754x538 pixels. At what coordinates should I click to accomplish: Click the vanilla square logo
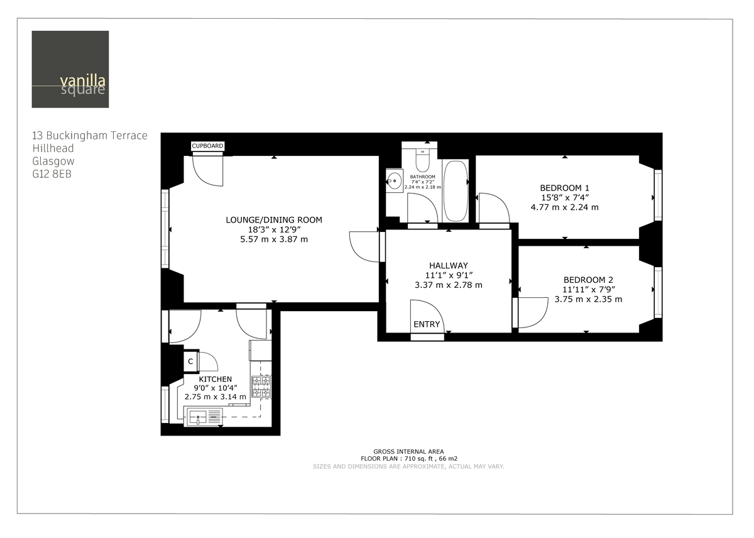tap(70, 69)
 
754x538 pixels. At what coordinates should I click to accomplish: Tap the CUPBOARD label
tap(207, 146)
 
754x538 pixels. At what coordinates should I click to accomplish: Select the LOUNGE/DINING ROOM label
tap(274, 219)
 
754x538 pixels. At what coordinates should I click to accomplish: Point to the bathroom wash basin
tap(394, 181)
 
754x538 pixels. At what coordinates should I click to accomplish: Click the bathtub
tap(455, 190)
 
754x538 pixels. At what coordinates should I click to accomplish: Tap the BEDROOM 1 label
tap(564, 187)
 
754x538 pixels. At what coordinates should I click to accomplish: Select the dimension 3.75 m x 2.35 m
tap(588, 299)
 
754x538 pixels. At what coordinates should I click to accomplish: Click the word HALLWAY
tap(449, 265)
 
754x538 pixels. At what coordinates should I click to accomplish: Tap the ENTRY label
tap(427, 324)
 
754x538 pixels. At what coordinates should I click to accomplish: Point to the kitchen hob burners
tap(261, 387)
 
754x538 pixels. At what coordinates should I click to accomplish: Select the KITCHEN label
tap(216, 379)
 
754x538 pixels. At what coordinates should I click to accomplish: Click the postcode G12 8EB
tap(52, 174)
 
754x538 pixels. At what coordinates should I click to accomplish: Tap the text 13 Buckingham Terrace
tap(90, 135)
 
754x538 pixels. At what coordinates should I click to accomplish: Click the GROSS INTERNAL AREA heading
tap(408, 451)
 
